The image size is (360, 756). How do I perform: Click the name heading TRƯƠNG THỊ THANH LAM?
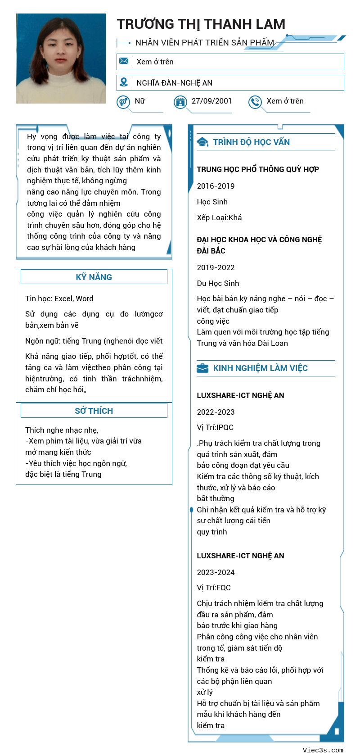[201, 24]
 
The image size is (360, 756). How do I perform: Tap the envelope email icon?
[124, 61]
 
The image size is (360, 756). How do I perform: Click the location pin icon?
[124, 82]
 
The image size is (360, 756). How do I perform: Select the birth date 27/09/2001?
[211, 101]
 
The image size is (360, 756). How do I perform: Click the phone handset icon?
[255, 102]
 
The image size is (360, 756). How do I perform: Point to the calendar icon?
[180, 102]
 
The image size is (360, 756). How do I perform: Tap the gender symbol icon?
[123, 102]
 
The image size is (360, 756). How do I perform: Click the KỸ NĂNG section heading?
[94, 277]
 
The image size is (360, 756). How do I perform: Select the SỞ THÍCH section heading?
[94, 411]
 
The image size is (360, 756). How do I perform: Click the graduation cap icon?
[202, 142]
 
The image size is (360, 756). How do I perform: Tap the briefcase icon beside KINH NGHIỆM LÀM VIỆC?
[202, 368]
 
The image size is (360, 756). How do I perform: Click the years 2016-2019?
[216, 186]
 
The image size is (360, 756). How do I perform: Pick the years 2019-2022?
[216, 267]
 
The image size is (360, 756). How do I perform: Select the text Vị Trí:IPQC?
[215, 427]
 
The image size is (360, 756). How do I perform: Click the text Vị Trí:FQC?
[214, 588]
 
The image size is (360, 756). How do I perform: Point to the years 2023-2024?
[216, 572]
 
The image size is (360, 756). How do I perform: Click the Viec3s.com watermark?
[323, 750]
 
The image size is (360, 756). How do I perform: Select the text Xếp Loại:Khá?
[219, 217]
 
